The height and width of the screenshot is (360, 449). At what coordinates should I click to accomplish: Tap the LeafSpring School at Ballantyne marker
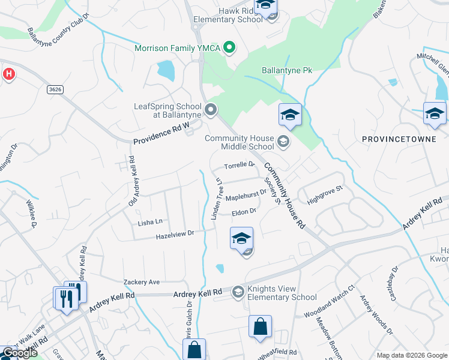coord(210,109)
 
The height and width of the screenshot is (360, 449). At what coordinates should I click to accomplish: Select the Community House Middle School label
coord(239,142)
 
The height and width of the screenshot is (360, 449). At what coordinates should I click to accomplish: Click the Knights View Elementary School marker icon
coord(238,292)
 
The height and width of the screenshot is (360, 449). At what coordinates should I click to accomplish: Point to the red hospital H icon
coord(8,74)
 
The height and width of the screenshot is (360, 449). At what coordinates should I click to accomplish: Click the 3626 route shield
coord(55,89)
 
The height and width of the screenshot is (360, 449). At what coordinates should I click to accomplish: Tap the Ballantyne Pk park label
coord(287,70)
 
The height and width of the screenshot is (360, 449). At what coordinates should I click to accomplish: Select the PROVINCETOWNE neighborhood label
coord(393,139)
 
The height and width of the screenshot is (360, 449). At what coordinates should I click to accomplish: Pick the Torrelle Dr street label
coord(240,165)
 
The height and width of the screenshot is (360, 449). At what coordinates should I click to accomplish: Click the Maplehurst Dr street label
coord(246,194)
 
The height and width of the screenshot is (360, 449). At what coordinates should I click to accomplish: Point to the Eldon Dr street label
coord(244,211)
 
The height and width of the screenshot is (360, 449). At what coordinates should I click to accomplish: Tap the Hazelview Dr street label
coord(175,233)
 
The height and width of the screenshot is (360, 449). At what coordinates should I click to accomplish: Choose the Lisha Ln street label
coord(150,222)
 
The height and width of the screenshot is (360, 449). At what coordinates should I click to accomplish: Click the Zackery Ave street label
coord(142,281)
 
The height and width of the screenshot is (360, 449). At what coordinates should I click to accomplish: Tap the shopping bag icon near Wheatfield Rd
coord(260,327)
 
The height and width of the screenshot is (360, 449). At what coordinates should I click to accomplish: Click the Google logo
coord(19,353)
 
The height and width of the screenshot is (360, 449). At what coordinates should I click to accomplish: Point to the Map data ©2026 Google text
coord(411,355)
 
